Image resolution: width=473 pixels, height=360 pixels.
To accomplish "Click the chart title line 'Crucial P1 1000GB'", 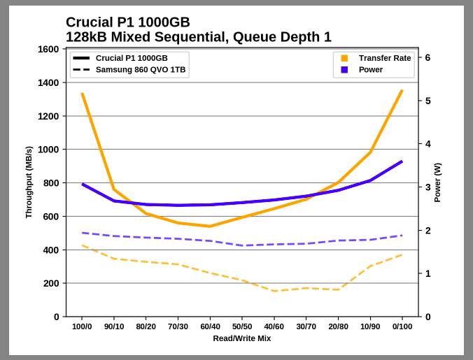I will click(x=127, y=22).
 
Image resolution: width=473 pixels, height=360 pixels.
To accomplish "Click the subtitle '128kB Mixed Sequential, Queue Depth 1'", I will click(x=198, y=37).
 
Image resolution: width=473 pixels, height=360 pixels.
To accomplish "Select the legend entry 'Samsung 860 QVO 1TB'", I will click(x=140, y=70).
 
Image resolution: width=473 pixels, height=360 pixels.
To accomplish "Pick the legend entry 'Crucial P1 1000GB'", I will click(x=131, y=58).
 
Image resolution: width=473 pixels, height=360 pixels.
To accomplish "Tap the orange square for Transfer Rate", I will click(x=344, y=58).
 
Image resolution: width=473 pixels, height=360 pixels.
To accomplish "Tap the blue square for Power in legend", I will click(x=344, y=70).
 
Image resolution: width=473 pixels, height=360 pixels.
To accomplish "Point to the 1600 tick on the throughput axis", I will click(x=48, y=50).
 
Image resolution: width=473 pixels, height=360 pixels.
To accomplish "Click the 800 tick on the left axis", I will click(x=51, y=183).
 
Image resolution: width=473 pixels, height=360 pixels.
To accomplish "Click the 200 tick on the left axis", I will click(x=51, y=283).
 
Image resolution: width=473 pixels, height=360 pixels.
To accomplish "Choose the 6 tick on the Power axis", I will click(x=428, y=58).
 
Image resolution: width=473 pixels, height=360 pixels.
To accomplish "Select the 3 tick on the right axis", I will click(x=428, y=187).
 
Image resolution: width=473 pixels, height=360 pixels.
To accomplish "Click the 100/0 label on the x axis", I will click(x=82, y=326).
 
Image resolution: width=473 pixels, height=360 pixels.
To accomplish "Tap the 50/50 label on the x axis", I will click(x=242, y=326).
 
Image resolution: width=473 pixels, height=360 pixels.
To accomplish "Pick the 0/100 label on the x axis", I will click(x=402, y=326).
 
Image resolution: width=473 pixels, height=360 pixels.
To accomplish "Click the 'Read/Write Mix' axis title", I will click(x=242, y=338).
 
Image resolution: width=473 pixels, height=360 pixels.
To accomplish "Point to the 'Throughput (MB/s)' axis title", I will click(x=29, y=182).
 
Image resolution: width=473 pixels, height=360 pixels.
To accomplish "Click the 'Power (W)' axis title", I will click(x=437, y=182).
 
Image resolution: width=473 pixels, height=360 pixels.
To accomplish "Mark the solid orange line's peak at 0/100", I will click(x=402, y=91).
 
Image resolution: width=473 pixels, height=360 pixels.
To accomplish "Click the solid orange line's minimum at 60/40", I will click(x=210, y=226).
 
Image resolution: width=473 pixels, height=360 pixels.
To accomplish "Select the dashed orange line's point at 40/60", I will click(x=274, y=291).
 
